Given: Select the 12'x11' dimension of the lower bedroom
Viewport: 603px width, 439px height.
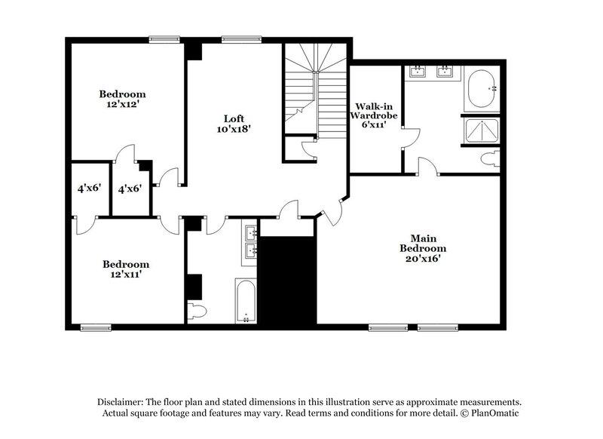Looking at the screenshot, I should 126,276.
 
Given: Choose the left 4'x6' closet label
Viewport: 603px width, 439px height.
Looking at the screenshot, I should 89,189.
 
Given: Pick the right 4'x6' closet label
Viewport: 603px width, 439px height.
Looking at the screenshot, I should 130,189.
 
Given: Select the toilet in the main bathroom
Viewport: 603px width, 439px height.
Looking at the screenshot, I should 491,158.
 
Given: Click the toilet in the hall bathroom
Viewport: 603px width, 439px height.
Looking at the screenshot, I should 196,311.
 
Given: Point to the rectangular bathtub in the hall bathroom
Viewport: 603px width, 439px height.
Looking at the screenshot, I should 246,301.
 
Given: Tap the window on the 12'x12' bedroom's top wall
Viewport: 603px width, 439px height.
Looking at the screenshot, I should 164,39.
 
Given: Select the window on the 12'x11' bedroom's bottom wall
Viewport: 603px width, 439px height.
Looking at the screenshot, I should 96,327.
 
